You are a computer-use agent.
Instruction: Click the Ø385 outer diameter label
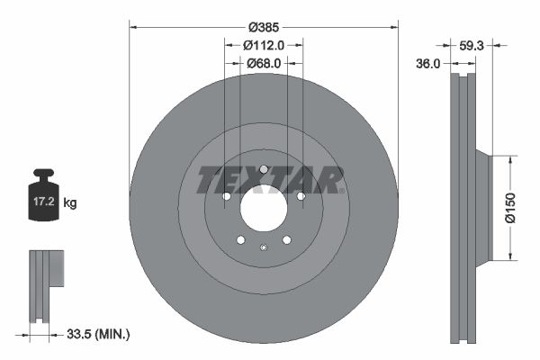tap(264, 28)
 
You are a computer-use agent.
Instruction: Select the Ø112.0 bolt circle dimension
tap(264, 45)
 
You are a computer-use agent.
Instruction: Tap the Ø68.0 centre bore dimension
tap(264, 63)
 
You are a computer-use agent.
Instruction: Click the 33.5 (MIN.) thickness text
tap(99, 334)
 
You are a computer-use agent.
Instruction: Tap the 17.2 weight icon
tap(42, 202)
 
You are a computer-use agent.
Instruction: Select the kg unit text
tap(70, 203)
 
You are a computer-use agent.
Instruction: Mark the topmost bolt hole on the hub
tap(263, 169)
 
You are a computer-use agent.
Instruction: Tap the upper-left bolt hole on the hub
tap(226, 196)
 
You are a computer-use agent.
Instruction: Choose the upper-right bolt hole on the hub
tap(301, 196)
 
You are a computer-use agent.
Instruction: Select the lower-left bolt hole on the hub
tap(239, 240)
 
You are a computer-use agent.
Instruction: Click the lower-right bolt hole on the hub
tap(286, 240)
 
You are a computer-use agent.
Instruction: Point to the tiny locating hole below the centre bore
tap(262, 249)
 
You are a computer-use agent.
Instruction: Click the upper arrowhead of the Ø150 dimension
tap(510, 159)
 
